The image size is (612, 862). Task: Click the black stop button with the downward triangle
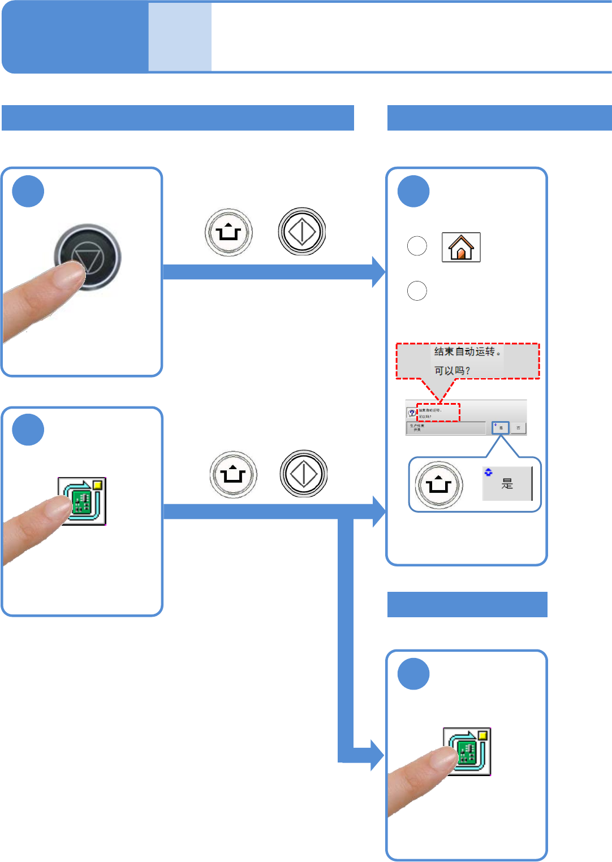pos(88,257)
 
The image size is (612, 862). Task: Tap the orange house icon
pos(461,247)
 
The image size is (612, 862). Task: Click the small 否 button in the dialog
pos(518,428)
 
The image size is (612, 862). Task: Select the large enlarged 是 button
pos(507,484)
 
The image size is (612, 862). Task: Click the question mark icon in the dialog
pos(412,413)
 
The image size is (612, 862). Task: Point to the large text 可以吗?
pos(452,371)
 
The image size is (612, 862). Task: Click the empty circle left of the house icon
pos(417,246)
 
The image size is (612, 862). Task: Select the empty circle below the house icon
pos(417,291)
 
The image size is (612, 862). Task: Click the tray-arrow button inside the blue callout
pos(439,485)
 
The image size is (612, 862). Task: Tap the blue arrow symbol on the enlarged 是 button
pos(489,472)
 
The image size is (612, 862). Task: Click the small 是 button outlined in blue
pos(501,428)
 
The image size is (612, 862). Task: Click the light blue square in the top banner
pos(180,37)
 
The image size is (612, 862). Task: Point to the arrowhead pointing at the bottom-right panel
pos(377,755)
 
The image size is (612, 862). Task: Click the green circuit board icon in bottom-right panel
pos(467,751)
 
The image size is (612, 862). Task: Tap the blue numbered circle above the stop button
pos(28,191)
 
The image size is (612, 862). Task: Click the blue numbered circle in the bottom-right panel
pos(413,674)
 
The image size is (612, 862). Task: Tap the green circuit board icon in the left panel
pos(83,501)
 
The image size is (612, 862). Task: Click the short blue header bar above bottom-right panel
pos(467,604)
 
